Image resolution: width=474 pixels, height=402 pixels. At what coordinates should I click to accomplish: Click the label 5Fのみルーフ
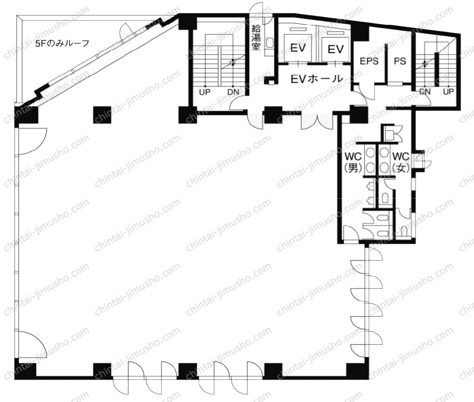[x=62, y=43]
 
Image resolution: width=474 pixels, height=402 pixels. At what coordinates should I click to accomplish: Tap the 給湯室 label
[x=256, y=38]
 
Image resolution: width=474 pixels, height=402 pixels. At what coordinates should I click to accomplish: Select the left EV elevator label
[x=298, y=48]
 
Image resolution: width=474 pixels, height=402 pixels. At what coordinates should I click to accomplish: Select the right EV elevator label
[x=335, y=49]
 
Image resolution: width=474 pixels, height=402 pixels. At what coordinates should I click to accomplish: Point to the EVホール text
[x=317, y=79]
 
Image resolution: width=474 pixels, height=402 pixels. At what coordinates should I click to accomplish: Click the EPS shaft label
[x=369, y=61]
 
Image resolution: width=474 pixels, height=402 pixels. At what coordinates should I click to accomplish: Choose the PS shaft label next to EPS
[x=400, y=61]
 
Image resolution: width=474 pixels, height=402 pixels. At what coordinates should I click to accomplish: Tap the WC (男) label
[x=353, y=162]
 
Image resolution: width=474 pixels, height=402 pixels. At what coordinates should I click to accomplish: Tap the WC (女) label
[x=401, y=162]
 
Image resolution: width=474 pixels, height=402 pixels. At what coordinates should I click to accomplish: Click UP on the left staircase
[x=204, y=92]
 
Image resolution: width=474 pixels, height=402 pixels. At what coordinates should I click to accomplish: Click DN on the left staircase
[x=233, y=92]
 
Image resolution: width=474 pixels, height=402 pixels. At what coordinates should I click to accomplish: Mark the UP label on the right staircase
[x=448, y=91]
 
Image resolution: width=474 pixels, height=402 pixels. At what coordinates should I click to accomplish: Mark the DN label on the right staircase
[x=425, y=91]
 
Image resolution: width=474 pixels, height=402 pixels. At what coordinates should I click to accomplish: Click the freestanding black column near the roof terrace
[x=102, y=115]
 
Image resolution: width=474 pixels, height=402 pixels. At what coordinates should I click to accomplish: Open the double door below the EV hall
[x=317, y=121]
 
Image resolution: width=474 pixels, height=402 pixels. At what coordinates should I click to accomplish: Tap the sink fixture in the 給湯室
[x=269, y=43]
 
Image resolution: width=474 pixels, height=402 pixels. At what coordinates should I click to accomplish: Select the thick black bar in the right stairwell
[x=437, y=69]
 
